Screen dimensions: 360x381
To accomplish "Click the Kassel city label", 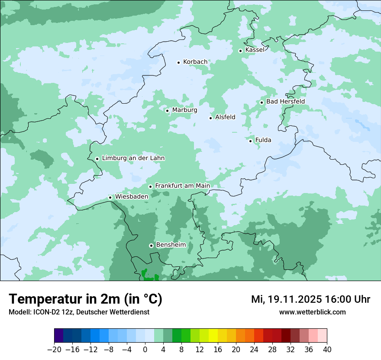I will click(255, 50).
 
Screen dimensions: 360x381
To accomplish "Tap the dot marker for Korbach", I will click(178, 62).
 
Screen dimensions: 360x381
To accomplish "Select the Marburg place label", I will click(184, 110).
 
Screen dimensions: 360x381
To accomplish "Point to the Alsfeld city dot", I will click(211, 118).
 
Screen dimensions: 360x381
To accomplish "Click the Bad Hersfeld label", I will click(285, 101).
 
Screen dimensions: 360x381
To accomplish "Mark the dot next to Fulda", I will click(251, 141).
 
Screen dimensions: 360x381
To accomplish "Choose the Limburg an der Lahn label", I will click(133, 158).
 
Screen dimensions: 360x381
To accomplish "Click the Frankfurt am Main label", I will click(182, 186).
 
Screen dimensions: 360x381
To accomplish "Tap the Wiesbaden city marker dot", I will click(110, 198).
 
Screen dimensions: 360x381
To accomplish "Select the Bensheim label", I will click(171, 245).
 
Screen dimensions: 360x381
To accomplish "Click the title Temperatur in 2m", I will click(85, 299).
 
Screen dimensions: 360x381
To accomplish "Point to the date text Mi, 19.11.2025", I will click(286, 299).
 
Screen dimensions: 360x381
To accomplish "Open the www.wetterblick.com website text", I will click(312, 312).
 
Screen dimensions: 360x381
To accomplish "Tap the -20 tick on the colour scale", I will click(54, 350).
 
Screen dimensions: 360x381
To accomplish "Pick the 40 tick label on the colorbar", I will click(327, 350).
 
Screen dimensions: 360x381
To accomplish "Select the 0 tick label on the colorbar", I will click(145, 350).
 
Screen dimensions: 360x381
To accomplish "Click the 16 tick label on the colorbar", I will click(218, 350).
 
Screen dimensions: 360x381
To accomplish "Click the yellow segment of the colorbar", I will click(213, 336).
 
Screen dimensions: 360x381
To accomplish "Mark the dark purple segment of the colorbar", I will click(59, 336).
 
